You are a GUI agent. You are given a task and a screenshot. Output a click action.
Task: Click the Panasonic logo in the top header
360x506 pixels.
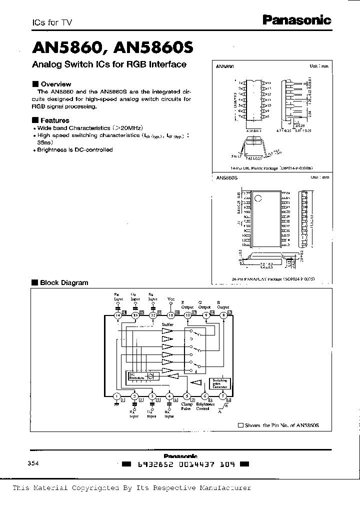296,20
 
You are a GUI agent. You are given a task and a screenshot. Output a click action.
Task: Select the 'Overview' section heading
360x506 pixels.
55,84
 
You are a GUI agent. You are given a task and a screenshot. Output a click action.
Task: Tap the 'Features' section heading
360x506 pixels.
54,120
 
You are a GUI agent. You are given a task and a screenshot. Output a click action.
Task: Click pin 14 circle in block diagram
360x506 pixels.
117,315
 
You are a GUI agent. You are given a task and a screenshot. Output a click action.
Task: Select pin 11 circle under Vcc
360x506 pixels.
170,315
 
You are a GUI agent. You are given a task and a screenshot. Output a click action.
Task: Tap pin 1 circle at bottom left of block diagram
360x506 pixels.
116,397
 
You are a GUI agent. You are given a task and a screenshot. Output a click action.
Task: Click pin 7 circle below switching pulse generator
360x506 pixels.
223,397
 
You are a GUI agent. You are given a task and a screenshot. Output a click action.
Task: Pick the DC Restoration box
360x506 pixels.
136,376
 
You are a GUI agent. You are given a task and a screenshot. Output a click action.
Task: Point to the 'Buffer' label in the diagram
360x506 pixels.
167,325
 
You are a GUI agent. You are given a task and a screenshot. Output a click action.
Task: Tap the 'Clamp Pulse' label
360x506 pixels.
186,406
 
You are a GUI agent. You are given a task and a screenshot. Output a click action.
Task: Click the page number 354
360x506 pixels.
33,463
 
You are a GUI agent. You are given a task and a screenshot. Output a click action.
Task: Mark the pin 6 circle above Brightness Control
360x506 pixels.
205,397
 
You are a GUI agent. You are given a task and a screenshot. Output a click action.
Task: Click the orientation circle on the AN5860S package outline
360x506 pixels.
258,198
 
